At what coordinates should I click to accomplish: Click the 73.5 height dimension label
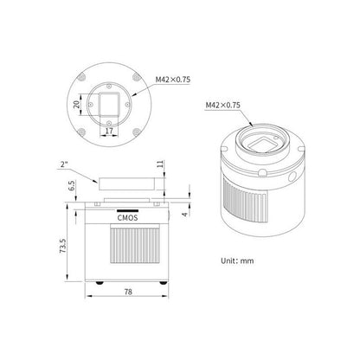(63, 246)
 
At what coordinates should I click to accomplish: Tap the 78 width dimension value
(128, 292)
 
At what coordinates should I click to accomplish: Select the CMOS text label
(127, 218)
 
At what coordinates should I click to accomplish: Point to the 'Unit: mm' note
(237, 260)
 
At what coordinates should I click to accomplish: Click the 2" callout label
(64, 164)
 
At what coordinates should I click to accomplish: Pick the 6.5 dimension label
(72, 185)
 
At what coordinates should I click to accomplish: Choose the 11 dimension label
(161, 164)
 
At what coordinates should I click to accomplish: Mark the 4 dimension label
(185, 214)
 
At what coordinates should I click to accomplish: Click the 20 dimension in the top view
(77, 104)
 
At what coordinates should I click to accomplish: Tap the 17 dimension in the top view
(109, 131)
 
